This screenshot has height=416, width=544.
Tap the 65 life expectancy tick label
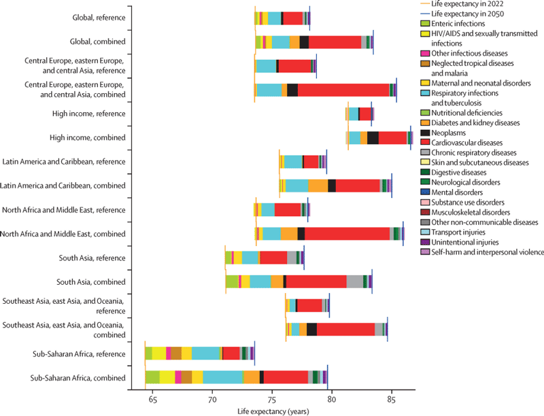tap(152, 402)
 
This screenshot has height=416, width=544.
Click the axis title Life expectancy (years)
tap(271, 411)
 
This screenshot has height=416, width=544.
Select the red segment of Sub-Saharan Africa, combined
tap(286, 377)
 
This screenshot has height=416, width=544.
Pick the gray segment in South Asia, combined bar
tap(354, 281)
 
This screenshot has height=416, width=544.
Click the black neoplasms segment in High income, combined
tap(373, 138)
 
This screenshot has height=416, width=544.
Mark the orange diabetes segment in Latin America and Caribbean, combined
tap(318, 186)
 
